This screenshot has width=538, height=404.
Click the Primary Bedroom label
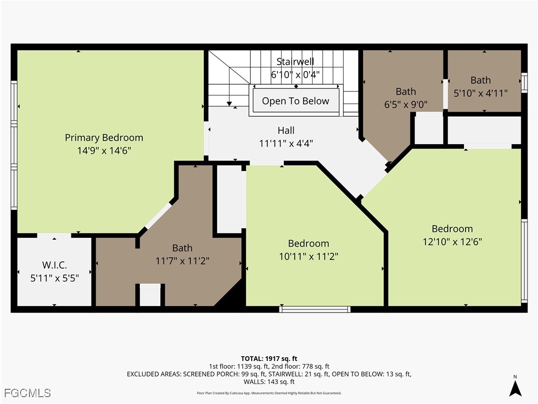click(x=104, y=137)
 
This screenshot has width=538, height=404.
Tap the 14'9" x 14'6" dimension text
click(x=104, y=150)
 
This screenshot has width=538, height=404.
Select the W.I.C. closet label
click(x=55, y=265)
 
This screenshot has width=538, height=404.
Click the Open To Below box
click(x=295, y=101)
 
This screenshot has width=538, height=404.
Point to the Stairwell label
click(x=295, y=62)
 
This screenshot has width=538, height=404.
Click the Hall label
click(x=286, y=130)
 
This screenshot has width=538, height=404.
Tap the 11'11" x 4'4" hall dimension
click(x=286, y=143)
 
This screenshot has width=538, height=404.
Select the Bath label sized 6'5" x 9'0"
click(x=406, y=92)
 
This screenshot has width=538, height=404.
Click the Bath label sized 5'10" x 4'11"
click(x=480, y=80)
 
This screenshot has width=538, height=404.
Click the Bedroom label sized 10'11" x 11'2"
click(x=308, y=243)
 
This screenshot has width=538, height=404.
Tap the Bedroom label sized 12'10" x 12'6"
click(x=452, y=229)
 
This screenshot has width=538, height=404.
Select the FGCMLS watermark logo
click(x=27, y=392)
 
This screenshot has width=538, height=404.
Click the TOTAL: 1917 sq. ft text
click(x=269, y=359)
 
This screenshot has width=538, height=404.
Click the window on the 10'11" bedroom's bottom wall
click(x=315, y=309)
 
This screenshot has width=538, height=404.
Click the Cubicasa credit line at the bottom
click(x=269, y=393)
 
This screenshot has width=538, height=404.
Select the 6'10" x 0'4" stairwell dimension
click(x=295, y=75)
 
